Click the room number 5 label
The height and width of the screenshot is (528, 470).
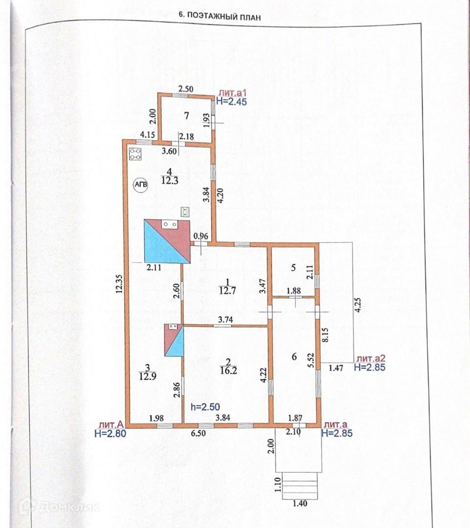293,267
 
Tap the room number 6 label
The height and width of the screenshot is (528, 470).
294,357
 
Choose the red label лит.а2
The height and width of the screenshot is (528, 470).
371,358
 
